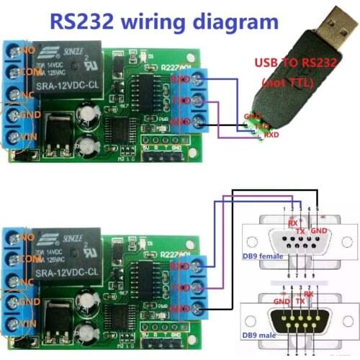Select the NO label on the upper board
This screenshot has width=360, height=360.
click(x=27, y=51)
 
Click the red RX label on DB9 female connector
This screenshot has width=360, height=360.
click(x=293, y=224)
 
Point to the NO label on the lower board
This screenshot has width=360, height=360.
click(x=27, y=235)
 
